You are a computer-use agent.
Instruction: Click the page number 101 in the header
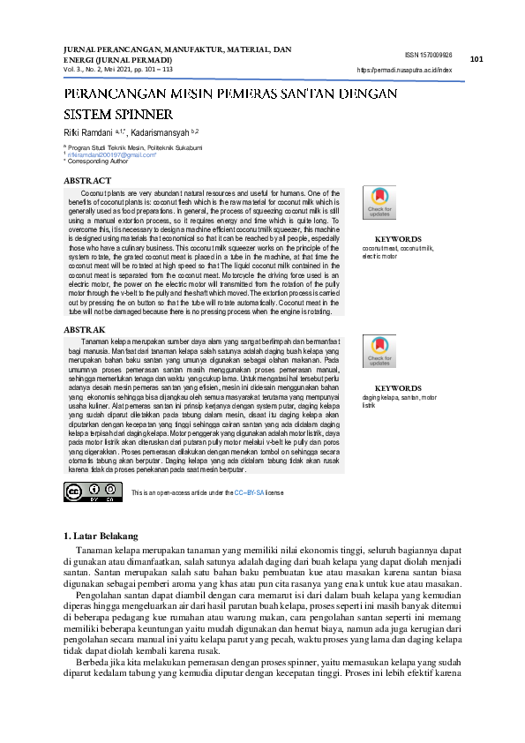476,59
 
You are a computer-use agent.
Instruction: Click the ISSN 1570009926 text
430,54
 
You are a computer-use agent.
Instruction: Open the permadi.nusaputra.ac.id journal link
404,69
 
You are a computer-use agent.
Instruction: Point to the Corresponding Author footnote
95,161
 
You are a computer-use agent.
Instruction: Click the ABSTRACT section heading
87,180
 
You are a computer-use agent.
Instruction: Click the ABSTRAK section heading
85,328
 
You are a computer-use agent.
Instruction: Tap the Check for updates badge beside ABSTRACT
380,204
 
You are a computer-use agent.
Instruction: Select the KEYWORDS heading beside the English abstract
397,239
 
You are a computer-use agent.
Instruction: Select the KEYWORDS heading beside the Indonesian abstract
397,388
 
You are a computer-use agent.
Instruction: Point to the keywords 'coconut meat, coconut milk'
398,249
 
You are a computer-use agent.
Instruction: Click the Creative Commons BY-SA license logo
93,492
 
